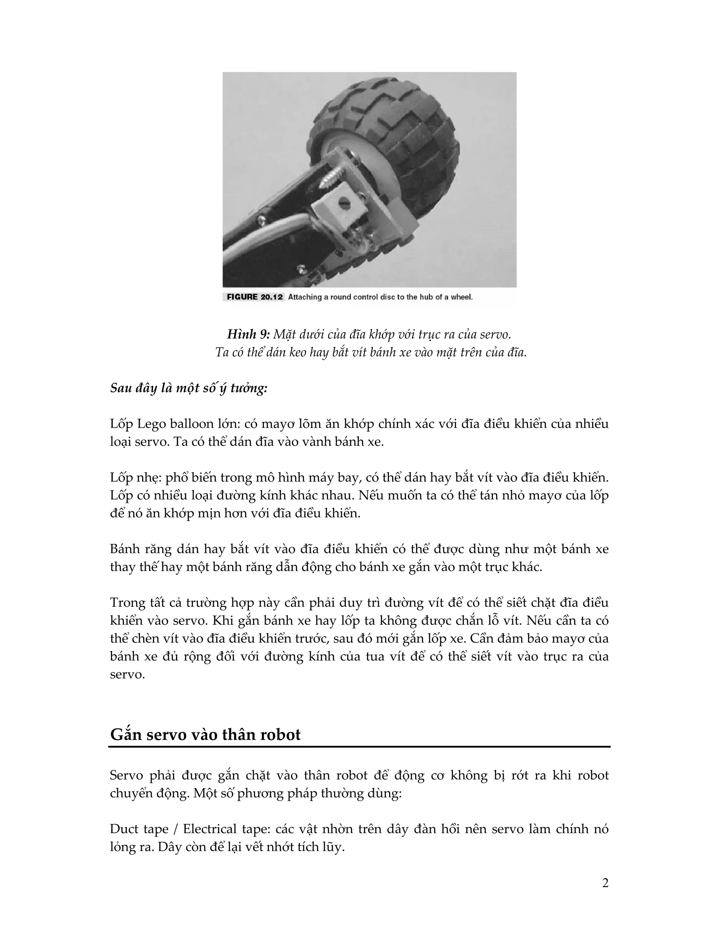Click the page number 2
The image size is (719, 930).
pyautogui.click(x=605, y=884)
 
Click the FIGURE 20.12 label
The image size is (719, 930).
pyautogui.click(x=255, y=297)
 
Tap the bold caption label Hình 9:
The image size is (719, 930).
pyautogui.click(x=248, y=335)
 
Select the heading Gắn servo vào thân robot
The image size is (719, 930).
pyautogui.click(x=205, y=735)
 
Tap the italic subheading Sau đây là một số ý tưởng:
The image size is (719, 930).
pyautogui.click(x=189, y=388)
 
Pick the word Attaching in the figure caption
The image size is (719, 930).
pyautogui.click(x=304, y=297)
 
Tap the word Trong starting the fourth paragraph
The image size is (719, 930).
pyautogui.click(x=125, y=603)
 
